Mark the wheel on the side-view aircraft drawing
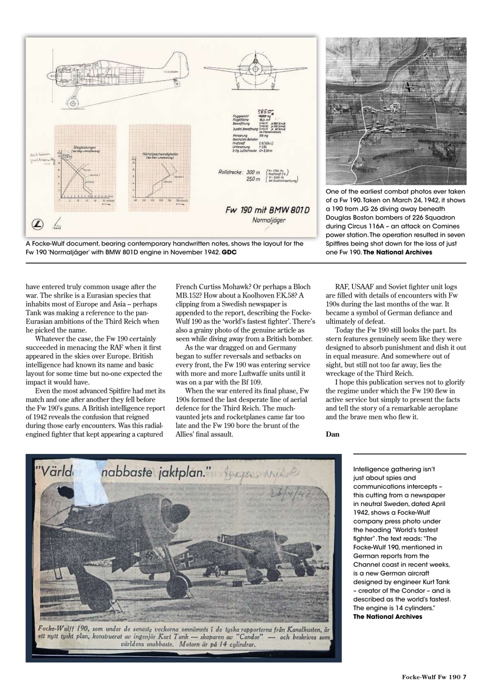click(71, 102)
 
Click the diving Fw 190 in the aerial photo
click(409, 87)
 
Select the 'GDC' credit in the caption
click(229, 252)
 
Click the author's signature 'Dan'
click(332, 433)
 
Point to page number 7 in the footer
click(465, 677)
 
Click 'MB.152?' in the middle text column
click(188, 295)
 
